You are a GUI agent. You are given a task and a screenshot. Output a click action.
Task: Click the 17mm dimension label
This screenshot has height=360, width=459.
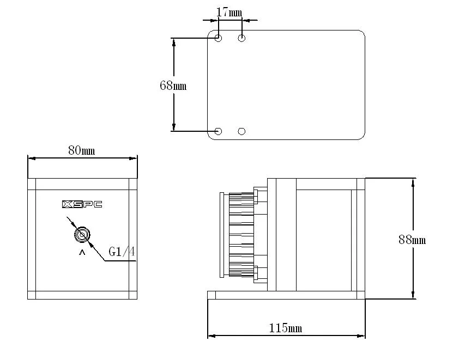pyautogui.click(x=229, y=11)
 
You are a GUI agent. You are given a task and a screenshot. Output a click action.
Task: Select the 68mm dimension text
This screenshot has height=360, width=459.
pyautogui.click(x=173, y=86)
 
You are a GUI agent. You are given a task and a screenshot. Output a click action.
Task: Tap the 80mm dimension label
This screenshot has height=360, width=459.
pyautogui.click(x=81, y=150)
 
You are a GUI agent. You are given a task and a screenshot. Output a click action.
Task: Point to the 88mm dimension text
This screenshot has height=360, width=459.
pyautogui.click(x=412, y=240)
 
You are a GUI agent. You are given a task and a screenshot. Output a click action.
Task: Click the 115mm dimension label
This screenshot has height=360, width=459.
pyautogui.click(x=286, y=328)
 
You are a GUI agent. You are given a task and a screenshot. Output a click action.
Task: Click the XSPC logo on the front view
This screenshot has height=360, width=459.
pyautogui.click(x=82, y=205)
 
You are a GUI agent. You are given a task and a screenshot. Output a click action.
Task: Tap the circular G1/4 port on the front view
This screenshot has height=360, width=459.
pyautogui.click(x=82, y=235)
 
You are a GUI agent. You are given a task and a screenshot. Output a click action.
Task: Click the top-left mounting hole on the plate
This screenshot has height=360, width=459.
pyautogui.click(x=219, y=38)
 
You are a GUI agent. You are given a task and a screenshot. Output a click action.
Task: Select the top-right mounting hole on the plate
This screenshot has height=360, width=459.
pyautogui.click(x=242, y=38)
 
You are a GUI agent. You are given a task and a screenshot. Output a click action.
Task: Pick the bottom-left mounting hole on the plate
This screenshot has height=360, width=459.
pyautogui.click(x=219, y=131)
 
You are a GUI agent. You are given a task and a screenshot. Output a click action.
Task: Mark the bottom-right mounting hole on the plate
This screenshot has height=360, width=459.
pyautogui.click(x=242, y=131)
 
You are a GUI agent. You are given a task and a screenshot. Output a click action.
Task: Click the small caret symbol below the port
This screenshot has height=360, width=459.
pyautogui.click(x=82, y=253)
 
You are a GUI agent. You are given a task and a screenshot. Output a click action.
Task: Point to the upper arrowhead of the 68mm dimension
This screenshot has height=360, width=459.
pyautogui.click(x=174, y=42)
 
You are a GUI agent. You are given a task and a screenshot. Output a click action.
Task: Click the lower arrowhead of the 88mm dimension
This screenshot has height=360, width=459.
pyautogui.click(x=414, y=295)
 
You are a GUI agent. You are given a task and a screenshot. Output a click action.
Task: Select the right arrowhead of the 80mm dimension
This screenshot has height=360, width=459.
pyautogui.click(x=132, y=158)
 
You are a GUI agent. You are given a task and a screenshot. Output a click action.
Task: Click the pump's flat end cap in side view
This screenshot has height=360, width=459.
pyautogui.click(x=221, y=235)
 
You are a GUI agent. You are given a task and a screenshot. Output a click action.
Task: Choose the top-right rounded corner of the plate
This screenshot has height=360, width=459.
pyautogui.click(x=360, y=34)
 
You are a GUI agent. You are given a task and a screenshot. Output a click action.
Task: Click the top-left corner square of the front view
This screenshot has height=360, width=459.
pyautogui.click(x=32, y=184)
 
